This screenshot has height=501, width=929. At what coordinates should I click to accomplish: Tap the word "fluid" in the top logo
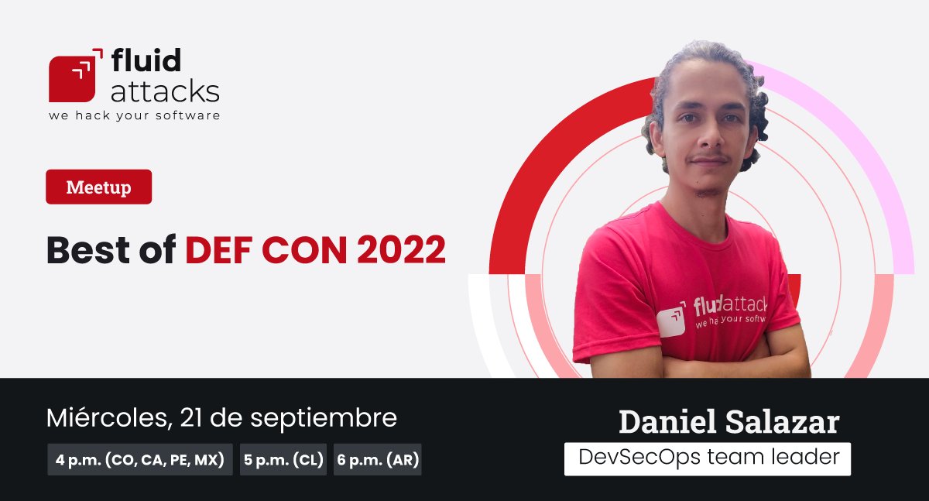pyautogui.click(x=146, y=61)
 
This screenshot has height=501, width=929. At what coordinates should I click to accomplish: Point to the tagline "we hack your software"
pyautogui.click(x=134, y=115)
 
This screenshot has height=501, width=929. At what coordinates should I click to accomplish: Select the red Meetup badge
pyautogui.click(x=98, y=187)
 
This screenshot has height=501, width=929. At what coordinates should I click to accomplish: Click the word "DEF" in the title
pyautogui.click(x=218, y=249)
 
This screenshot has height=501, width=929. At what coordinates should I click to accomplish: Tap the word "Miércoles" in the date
pyautogui.click(x=106, y=418)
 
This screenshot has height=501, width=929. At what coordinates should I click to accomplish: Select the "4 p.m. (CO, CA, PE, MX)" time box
pyautogui.click(x=139, y=460)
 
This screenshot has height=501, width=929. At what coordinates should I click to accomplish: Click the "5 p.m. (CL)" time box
pyautogui.click(x=283, y=460)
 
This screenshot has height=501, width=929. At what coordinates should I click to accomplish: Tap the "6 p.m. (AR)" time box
pyautogui.click(x=378, y=460)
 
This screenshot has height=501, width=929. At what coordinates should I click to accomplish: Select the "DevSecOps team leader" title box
pyautogui.click(x=708, y=458)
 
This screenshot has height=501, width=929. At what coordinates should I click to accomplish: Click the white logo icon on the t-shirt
pyautogui.click(x=671, y=320)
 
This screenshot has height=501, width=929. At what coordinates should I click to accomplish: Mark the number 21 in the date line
pyautogui.click(x=191, y=418)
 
